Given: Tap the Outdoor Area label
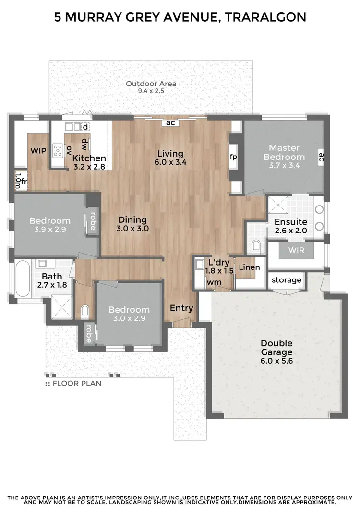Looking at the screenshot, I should (151, 84).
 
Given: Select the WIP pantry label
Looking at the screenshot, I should (38, 151).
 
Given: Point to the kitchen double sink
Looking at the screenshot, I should (73, 127).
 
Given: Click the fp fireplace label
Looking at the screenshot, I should (234, 157).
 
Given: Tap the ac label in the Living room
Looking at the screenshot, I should (170, 123).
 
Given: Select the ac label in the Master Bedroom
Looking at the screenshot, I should (321, 157).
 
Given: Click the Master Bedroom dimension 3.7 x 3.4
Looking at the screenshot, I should (287, 166).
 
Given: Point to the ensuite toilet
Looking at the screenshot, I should (256, 246).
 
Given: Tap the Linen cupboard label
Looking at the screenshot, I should (249, 267).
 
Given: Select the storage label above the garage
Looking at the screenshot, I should (287, 280).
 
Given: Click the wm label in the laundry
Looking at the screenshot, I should (213, 282).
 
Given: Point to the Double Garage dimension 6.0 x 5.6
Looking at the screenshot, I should (276, 360).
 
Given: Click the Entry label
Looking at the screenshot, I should (181, 308).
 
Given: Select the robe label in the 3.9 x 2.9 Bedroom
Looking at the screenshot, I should (92, 222).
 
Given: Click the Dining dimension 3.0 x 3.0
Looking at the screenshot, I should (132, 229).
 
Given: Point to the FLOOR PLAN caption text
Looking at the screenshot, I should (77, 384).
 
